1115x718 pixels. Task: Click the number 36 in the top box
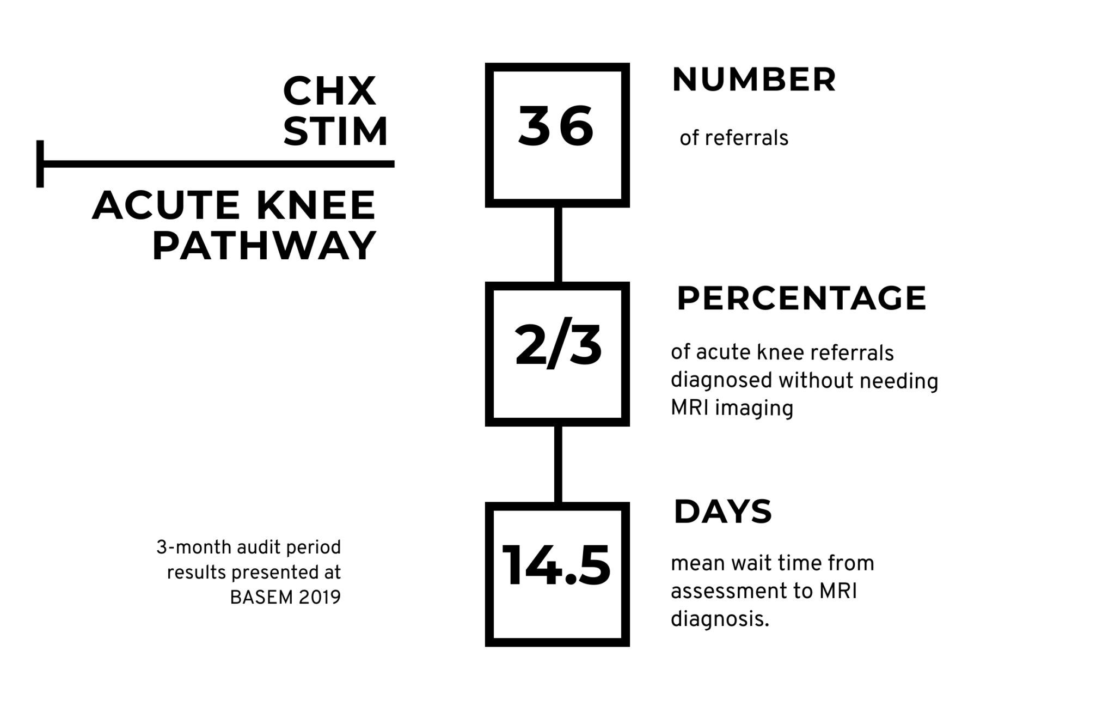[556, 126]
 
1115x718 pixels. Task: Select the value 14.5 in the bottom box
[556, 566]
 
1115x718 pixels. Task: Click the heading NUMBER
[754, 80]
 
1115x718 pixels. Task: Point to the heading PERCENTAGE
[801, 299]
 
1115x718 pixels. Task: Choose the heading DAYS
[723, 512]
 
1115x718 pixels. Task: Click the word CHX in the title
[329, 92]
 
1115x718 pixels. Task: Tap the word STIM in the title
[335, 132]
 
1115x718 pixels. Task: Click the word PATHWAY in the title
[264, 246]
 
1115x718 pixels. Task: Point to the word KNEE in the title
[316, 205]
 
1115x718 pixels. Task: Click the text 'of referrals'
[734, 138]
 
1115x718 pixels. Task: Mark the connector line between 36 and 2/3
[558, 245]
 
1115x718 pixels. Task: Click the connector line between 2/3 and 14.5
[558, 464]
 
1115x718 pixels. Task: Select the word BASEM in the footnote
[261, 598]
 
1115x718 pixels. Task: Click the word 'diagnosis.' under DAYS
[720, 619]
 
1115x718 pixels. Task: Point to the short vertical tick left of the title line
[40, 164]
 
